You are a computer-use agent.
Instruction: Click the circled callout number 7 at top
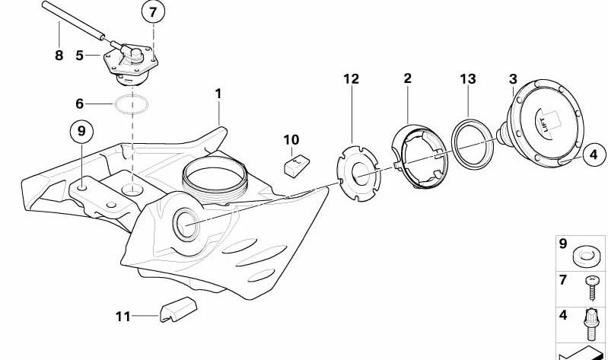(x=153, y=12)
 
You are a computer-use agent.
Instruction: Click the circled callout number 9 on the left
(x=81, y=132)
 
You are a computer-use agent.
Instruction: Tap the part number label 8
(x=59, y=55)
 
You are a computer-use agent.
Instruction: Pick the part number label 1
(x=218, y=94)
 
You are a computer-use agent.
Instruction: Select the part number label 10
(x=291, y=139)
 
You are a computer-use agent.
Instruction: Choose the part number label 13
(x=467, y=78)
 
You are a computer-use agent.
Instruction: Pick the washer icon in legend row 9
(x=587, y=254)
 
